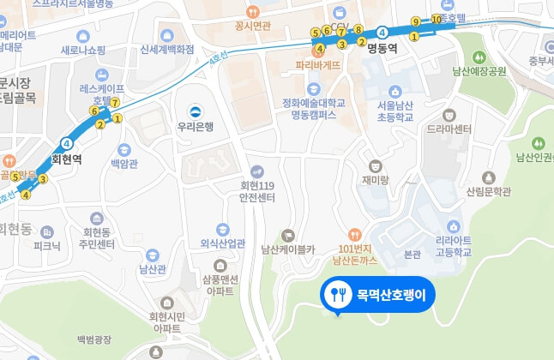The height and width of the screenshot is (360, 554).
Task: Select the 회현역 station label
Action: (66, 158)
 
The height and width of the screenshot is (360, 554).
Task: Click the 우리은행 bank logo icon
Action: (196, 111)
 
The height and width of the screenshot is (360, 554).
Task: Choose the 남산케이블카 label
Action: (288, 250)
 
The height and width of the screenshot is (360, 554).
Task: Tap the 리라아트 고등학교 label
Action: (454, 248)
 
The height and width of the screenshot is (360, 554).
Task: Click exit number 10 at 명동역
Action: (437, 19)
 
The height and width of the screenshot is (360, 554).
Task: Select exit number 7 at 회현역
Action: (114, 103)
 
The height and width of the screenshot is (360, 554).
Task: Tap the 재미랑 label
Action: (375, 179)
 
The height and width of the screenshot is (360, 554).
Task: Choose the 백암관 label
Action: (123, 161)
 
